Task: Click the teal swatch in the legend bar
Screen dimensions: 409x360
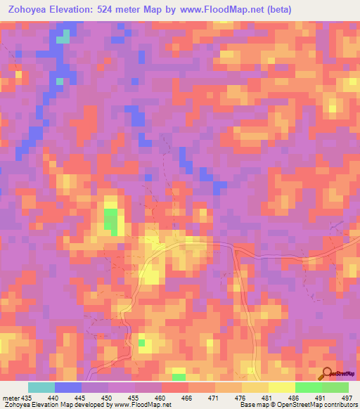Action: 41,387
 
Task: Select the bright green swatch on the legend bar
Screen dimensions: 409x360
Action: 309,387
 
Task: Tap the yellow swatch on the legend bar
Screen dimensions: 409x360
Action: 282,387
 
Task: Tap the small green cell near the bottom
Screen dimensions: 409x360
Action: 141,343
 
